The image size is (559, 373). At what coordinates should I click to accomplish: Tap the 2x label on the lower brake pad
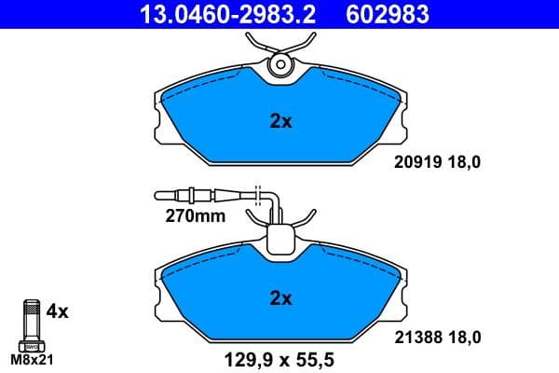click(279, 298)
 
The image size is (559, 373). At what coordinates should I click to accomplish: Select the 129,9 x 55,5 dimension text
click(279, 358)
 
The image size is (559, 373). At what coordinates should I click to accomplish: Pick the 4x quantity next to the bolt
click(58, 312)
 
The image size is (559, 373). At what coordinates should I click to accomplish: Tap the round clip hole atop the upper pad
click(279, 65)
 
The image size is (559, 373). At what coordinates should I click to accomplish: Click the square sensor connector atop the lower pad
click(279, 241)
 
